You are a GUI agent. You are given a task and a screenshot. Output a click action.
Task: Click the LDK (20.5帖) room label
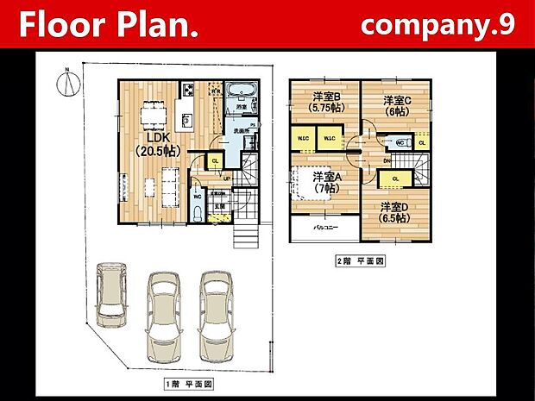[x=156, y=143]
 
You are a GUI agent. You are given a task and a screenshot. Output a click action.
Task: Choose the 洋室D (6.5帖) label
[x=393, y=212]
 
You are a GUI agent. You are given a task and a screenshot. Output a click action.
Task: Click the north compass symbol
[x=64, y=83]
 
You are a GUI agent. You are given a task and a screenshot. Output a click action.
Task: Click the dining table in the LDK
[x=153, y=110]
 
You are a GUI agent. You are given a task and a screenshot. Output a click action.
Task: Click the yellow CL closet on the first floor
[x=215, y=160]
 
